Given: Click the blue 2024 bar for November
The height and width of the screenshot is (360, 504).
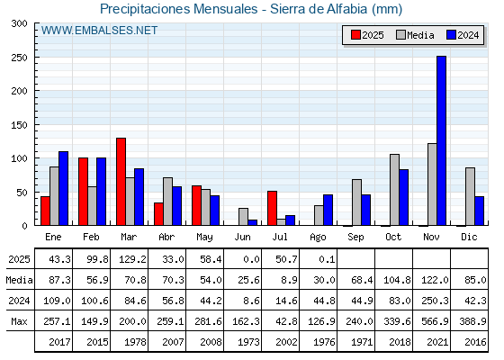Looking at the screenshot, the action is tap(441, 140).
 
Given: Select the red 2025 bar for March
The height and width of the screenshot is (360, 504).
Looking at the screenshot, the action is tap(121, 182).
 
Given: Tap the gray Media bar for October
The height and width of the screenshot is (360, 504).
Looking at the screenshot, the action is tap(395, 190).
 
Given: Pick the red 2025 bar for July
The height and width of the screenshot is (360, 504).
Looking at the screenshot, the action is tap(272, 208).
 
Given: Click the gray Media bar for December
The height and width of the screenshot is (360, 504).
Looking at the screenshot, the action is tap(470, 196).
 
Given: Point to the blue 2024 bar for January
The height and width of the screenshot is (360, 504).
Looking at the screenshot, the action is tap(63, 188).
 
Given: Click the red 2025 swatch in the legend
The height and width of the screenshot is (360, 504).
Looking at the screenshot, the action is tap(355, 35).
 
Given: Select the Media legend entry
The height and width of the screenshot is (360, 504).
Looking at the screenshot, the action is tap(415, 35).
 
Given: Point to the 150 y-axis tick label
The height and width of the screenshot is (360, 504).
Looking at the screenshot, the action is tap(20, 125).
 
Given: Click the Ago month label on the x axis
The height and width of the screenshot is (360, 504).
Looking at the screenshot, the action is tap(318, 238).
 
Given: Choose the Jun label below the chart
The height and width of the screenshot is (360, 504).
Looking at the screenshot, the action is tap(242, 237).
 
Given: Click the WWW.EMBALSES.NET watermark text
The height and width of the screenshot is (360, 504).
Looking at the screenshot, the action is tap(99, 31).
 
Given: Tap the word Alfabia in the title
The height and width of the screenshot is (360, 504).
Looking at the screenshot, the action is tap(346, 9).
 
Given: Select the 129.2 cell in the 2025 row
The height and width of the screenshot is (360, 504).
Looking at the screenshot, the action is tap(132, 259).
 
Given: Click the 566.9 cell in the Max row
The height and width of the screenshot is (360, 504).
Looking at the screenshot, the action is tap(435, 321).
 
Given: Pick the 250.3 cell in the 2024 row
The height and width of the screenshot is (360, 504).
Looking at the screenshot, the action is tap(435, 301).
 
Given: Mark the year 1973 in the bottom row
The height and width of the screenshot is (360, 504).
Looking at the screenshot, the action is tap(248, 342).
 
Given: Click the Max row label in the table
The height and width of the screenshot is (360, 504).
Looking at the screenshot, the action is tap(19, 321).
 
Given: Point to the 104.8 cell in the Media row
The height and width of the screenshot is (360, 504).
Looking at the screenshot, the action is tap(397, 280).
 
